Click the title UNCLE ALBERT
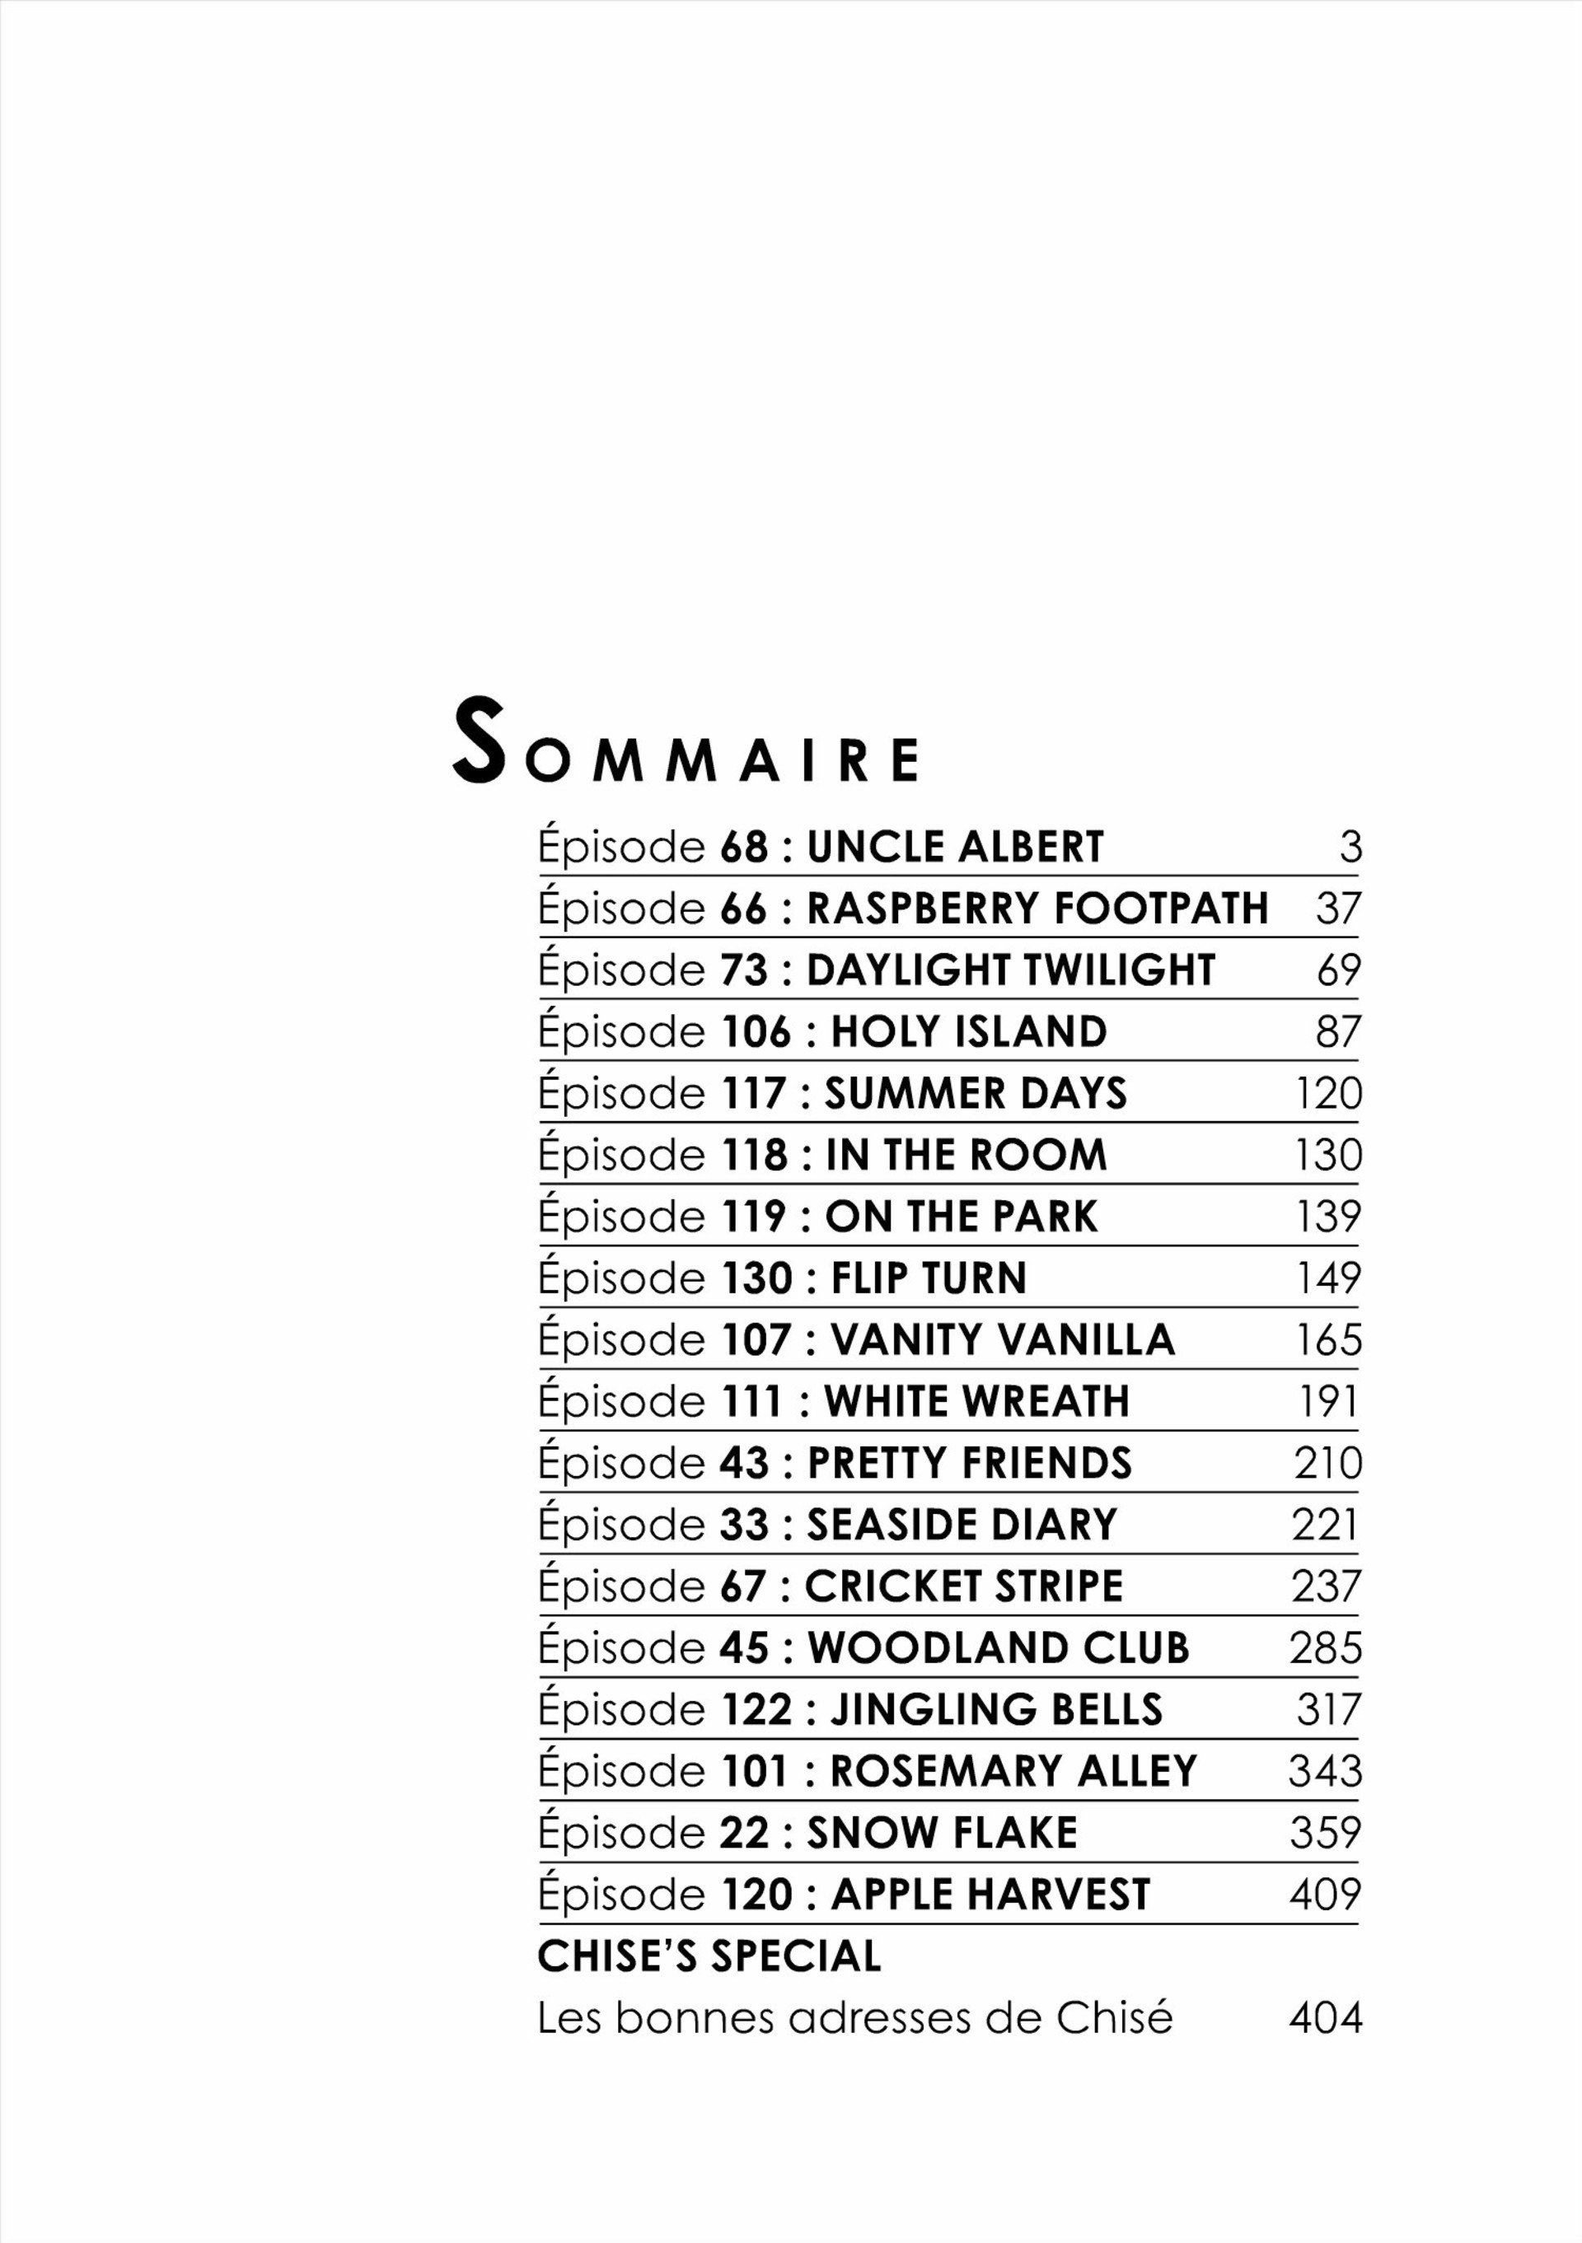coord(955,847)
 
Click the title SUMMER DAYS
coord(976,1093)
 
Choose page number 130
coord(1328,1155)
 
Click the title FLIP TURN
coord(929,1278)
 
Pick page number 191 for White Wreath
coord(1328,1402)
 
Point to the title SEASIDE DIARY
coord(962,1525)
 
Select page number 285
coord(1325,1648)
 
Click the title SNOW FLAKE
coord(942,1833)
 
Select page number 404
coord(1325,2018)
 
